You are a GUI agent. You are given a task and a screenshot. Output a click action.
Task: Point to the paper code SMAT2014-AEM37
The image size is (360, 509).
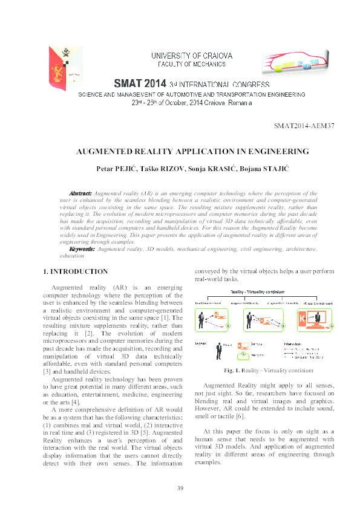[304, 126]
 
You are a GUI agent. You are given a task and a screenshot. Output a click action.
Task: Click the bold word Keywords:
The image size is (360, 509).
[82, 249]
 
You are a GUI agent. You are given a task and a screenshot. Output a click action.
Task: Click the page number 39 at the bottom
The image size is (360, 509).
[180, 488]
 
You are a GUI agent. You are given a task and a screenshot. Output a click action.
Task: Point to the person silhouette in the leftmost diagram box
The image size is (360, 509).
[201, 319]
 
